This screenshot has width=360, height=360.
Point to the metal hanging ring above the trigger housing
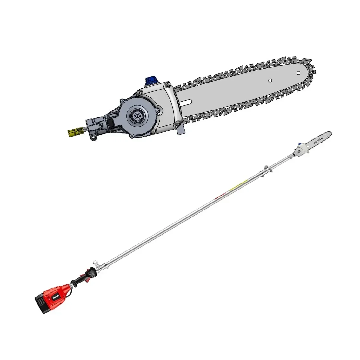pos(95,263)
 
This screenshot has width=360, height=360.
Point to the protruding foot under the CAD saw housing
pos(181,130)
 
